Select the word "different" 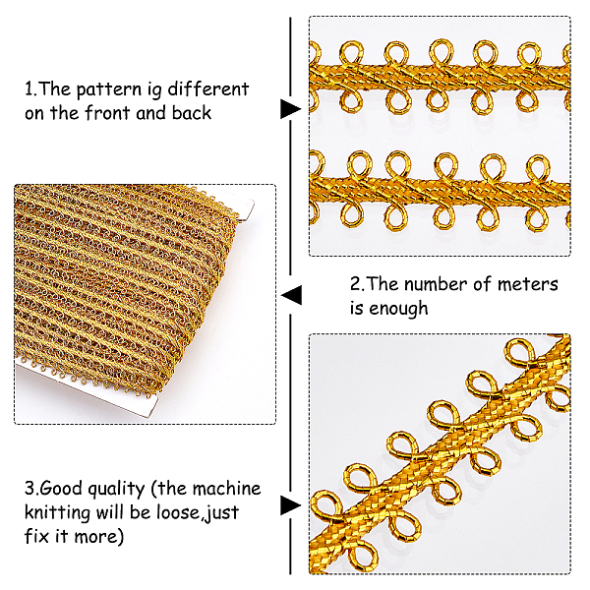208,89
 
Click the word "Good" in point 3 60,489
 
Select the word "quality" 116,490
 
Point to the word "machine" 226,489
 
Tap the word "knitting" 57,513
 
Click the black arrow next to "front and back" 291,109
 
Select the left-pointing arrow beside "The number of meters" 291,295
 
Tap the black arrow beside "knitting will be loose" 291,505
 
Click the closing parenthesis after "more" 120,537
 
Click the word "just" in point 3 223,513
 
